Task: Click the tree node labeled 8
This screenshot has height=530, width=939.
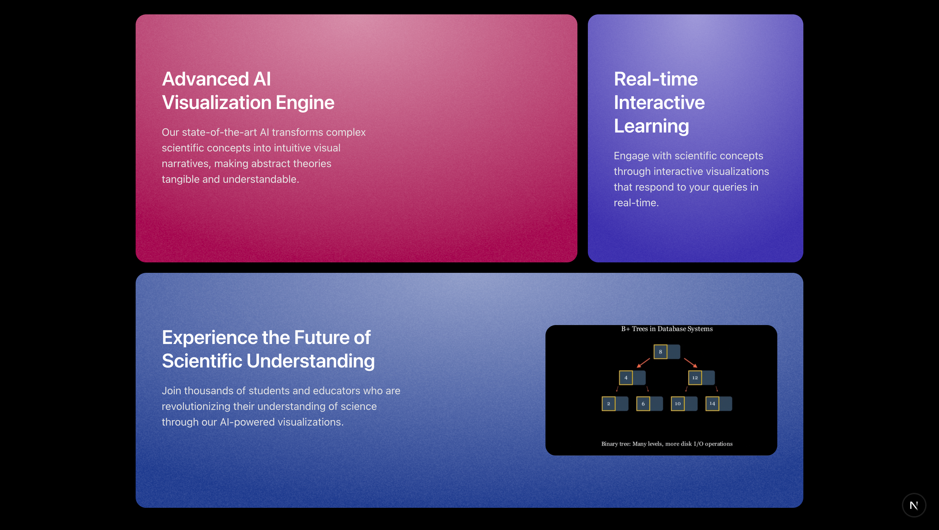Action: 667,351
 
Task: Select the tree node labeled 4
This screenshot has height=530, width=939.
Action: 632,378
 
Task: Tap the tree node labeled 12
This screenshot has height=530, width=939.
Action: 701,378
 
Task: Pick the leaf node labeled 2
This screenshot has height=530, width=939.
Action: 615,403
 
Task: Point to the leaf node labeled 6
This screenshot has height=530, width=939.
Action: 649,403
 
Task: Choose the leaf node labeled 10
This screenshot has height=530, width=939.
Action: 684,403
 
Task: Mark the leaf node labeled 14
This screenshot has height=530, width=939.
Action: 719,403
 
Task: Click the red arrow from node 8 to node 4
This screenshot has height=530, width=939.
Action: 643,363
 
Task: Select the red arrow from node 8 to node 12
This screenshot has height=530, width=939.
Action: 691,363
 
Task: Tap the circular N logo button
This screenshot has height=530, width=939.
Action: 914,505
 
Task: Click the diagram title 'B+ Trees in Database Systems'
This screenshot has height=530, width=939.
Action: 667,329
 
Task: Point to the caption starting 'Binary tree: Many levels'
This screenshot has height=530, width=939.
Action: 667,444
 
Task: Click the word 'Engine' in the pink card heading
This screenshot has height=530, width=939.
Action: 305,102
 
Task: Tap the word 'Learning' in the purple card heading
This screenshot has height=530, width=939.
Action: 651,126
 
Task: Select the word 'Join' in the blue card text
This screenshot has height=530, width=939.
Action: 171,390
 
